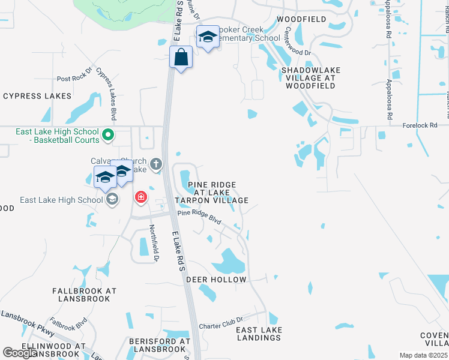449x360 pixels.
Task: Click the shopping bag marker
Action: [x=181, y=58]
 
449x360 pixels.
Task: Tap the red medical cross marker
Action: [x=141, y=196]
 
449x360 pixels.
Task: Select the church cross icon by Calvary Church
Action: [x=156, y=163]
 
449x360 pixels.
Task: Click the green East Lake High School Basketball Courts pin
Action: [x=108, y=134]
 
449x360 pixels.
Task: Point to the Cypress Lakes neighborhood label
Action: [x=37, y=96]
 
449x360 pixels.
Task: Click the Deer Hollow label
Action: [x=216, y=280]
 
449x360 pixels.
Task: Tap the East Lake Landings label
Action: [x=259, y=334]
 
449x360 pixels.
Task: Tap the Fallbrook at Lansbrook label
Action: [x=84, y=294]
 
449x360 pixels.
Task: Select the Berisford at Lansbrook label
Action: [x=159, y=345]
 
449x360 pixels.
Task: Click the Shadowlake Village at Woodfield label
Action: [x=311, y=78]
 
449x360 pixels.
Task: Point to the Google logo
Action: [x=20, y=353]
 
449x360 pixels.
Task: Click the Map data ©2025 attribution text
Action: [x=423, y=355]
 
